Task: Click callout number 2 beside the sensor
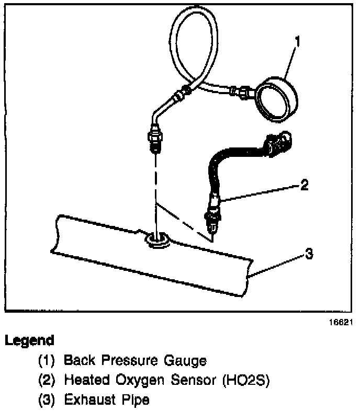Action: coord(305,185)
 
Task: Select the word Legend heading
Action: coord(29,341)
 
